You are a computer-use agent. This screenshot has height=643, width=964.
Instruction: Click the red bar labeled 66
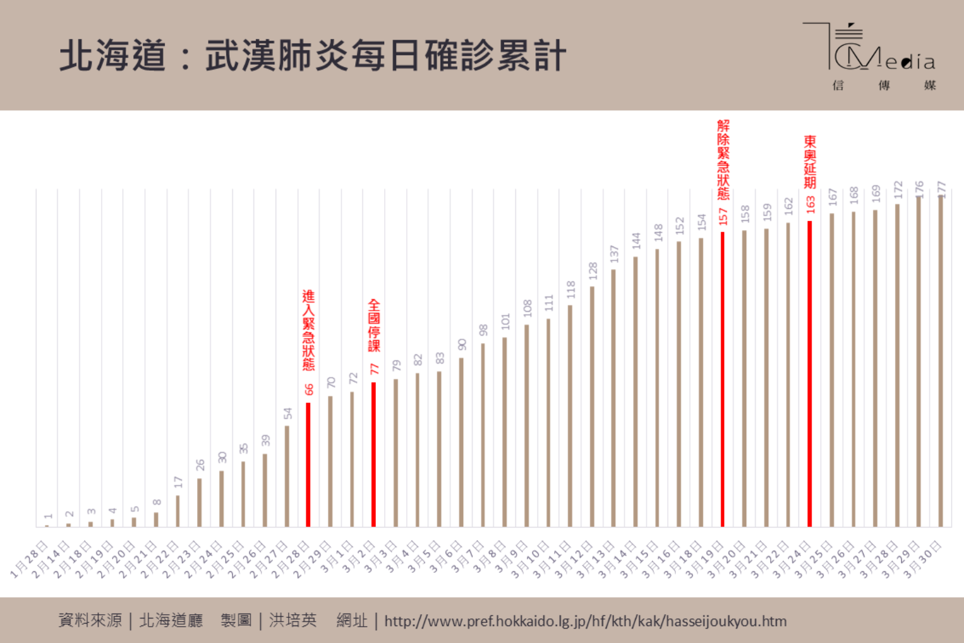pos(308,464)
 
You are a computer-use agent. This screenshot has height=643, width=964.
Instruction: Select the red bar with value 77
pos(373,454)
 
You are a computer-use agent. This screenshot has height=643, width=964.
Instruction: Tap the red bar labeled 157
pos(722,379)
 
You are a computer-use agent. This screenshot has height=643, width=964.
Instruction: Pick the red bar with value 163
pos(810,373)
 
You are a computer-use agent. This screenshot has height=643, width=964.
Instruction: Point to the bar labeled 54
pos(287,476)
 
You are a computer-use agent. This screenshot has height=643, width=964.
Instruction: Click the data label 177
pos(941,188)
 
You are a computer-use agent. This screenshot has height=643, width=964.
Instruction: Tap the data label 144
pos(636,240)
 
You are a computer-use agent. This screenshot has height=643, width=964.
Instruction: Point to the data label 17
pos(178,482)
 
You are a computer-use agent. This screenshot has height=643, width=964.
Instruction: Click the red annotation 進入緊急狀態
pos(308,330)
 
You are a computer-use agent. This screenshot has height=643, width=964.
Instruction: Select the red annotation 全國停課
pos(374,325)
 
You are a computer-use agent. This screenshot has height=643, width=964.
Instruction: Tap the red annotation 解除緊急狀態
pos(723,160)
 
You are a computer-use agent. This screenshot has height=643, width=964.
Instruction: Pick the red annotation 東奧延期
pos(810,162)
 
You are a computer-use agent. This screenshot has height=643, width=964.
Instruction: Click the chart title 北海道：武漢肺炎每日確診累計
pos(313,55)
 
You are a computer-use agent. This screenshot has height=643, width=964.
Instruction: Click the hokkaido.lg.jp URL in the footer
pos(585,621)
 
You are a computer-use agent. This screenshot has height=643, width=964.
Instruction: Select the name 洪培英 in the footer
pos(293,620)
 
